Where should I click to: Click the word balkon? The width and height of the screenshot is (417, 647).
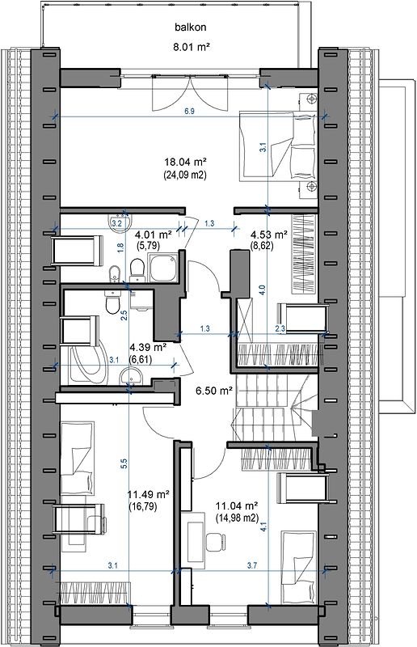190,27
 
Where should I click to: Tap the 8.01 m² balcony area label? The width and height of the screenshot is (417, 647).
192,47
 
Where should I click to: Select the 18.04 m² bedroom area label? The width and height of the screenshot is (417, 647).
185,161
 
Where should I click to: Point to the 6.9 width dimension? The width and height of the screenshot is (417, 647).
189,112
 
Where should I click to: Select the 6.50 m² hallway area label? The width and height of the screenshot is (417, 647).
213,391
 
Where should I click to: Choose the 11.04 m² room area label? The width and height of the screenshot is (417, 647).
237,505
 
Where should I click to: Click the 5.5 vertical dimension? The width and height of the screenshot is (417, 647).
124,463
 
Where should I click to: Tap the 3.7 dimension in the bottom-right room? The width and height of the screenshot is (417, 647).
252,565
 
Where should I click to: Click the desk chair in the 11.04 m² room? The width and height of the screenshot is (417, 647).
216,542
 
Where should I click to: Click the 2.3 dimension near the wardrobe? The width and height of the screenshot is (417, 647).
280,329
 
